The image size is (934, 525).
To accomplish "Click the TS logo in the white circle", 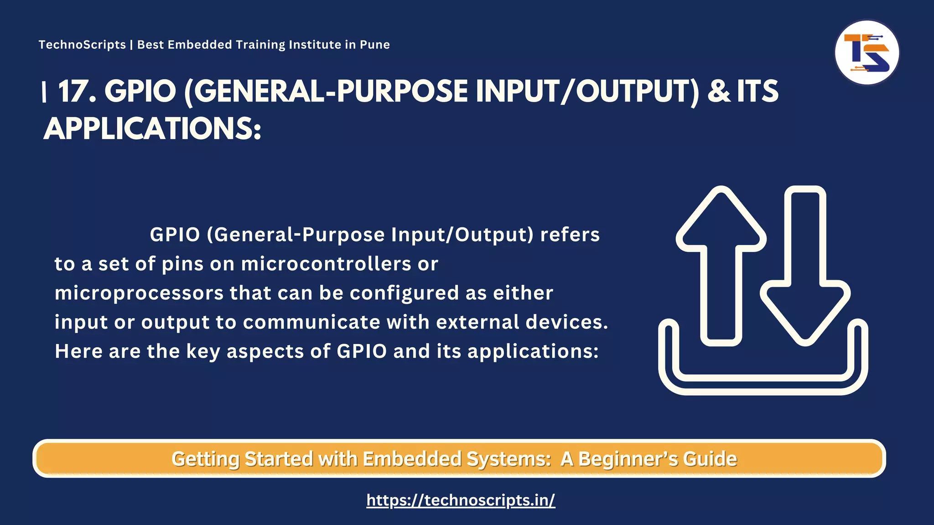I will click(x=867, y=53).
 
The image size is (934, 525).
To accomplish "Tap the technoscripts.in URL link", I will click(x=461, y=500).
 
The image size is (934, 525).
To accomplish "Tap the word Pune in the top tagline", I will click(x=375, y=45).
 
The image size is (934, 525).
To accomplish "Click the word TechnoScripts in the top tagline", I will click(x=82, y=45).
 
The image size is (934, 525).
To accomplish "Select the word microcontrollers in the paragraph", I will click(x=326, y=264).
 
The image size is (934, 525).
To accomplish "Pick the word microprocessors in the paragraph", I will click(x=139, y=293).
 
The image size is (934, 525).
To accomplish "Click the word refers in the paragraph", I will click(x=570, y=235).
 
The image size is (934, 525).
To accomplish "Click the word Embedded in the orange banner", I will click(x=412, y=459).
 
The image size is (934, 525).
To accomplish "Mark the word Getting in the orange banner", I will click(x=205, y=459).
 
